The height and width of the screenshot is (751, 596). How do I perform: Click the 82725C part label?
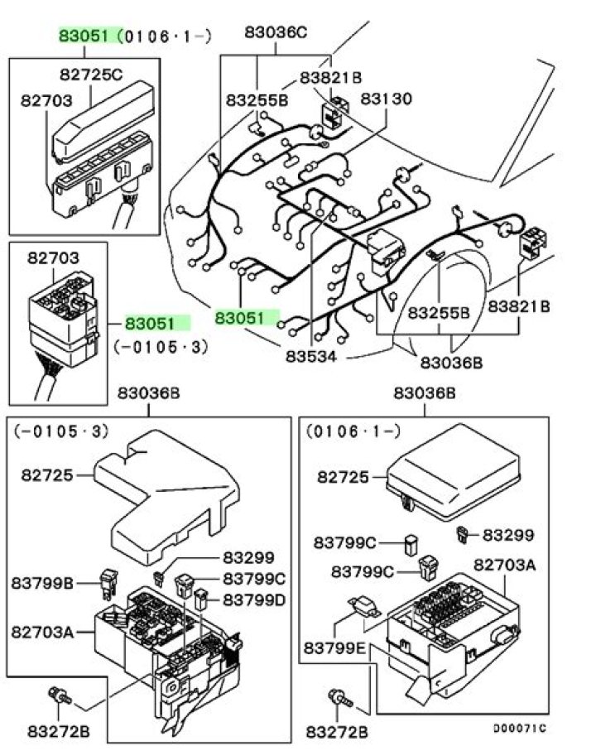tap(91, 75)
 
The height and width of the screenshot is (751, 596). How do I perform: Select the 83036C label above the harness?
tap(276, 32)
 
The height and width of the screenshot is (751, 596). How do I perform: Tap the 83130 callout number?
tap(386, 99)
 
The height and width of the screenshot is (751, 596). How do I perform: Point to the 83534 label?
tap(311, 356)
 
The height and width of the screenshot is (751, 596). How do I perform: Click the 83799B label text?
tap(42, 583)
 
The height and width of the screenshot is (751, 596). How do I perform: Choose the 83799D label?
tap(254, 599)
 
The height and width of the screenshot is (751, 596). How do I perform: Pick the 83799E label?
tap(334, 648)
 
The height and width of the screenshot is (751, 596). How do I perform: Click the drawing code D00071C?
tap(520, 728)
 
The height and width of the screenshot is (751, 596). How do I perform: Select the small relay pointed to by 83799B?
tap(109, 584)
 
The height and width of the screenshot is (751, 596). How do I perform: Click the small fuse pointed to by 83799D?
tap(200, 599)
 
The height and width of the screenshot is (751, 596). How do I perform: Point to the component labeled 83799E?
tap(365, 606)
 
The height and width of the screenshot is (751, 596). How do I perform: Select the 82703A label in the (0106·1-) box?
tap(505, 566)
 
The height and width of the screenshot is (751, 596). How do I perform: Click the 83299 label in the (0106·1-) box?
tap(508, 535)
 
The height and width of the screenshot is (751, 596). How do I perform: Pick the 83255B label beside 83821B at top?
tap(257, 100)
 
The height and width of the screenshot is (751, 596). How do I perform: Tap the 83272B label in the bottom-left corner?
tap(59, 731)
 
